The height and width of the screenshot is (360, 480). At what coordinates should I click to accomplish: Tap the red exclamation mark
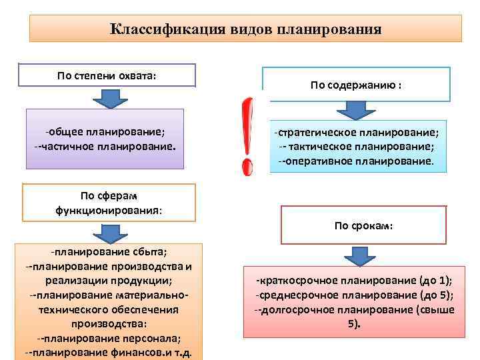[x=247, y=137]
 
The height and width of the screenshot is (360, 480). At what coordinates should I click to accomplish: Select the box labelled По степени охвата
[x=107, y=75]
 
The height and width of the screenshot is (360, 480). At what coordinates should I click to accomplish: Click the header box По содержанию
[x=356, y=85]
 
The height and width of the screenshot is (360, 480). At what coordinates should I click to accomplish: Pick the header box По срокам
[x=363, y=225]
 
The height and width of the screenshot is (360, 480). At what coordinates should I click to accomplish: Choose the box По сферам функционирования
[x=109, y=203]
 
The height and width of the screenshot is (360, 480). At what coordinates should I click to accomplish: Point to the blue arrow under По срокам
[x=363, y=255]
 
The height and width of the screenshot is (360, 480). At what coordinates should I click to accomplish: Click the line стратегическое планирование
[x=356, y=133]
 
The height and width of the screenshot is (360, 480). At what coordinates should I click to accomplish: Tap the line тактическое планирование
[x=356, y=147]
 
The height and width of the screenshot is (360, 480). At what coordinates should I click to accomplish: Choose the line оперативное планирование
[x=356, y=161]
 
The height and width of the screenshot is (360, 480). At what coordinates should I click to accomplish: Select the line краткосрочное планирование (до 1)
[x=363, y=280]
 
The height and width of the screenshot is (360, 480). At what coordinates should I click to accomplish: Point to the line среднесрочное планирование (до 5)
[x=363, y=295]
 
